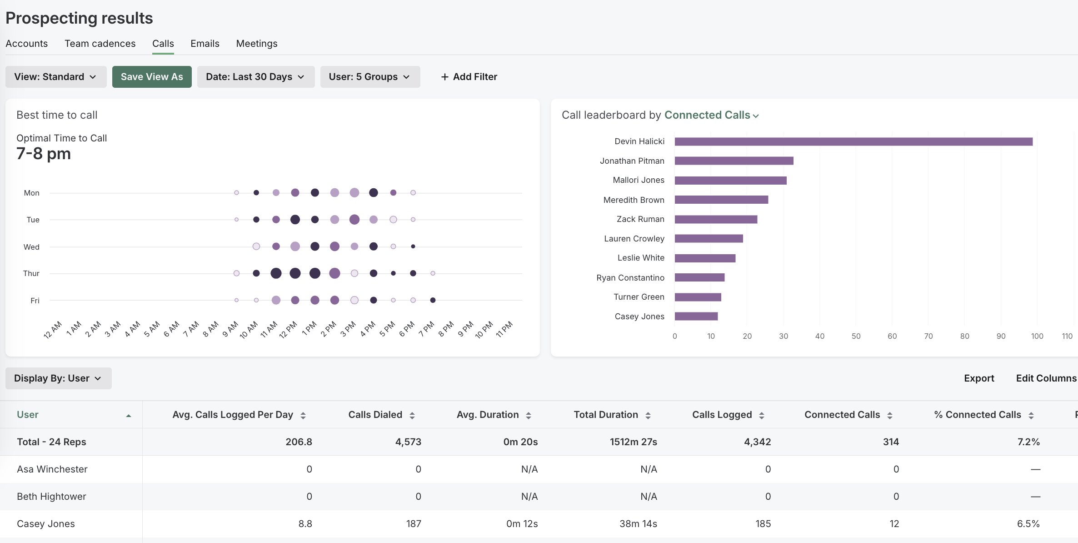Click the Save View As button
click(x=152, y=77)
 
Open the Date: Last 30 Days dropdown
click(x=255, y=77)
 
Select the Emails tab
click(x=205, y=44)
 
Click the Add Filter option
click(x=469, y=77)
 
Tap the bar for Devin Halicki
click(x=853, y=142)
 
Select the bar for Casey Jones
click(x=696, y=317)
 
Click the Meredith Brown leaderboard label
click(x=634, y=200)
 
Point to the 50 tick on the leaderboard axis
click(x=856, y=336)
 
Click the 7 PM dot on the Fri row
click(x=433, y=300)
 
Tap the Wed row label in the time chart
click(x=31, y=247)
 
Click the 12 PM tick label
click(x=288, y=329)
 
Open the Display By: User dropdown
click(x=58, y=378)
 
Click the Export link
click(x=979, y=378)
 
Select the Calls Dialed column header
click(x=375, y=415)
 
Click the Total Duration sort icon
click(x=648, y=415)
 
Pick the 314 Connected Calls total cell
click(x=891, y=442)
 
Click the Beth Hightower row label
click(x=51, y=497)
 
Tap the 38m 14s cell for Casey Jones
click(x=638, y=524)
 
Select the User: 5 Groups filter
click(x=369, y=77)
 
